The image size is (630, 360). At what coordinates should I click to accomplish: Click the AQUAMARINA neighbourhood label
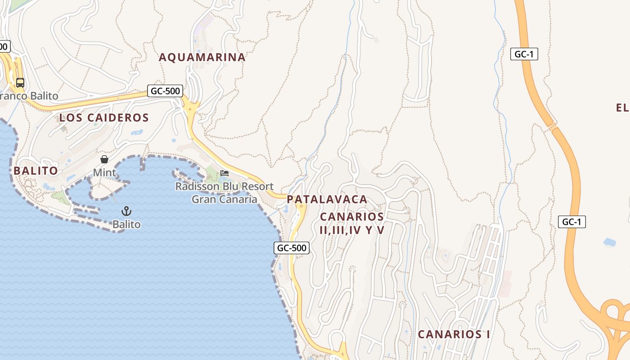click(202, 57)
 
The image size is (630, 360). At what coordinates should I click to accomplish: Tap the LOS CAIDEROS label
click(104, 118)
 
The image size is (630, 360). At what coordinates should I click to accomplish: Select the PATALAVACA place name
click(327, 199)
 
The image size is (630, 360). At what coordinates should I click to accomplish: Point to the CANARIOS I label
click(454, 334)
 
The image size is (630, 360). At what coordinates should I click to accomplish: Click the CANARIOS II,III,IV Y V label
click(352, 223)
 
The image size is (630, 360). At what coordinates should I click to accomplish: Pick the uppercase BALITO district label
click(36, 171)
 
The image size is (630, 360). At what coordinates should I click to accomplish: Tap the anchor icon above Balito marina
click(126, 211)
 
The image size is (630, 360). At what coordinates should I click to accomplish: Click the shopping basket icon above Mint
click(104, 159)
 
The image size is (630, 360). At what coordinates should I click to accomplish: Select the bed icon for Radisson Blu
click(225, 173)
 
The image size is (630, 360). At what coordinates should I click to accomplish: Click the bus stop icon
click(20, 82)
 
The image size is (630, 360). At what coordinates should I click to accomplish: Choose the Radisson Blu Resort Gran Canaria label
click(225, 193)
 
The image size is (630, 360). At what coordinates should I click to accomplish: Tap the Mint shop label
click(104, 172)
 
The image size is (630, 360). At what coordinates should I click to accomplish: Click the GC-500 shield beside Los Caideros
click(165, 91)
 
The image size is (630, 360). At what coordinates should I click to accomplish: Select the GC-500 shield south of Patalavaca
click(292, 247)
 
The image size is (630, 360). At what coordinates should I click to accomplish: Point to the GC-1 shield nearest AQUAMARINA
click(524, 54)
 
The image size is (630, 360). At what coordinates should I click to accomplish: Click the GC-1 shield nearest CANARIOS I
click(571, 221)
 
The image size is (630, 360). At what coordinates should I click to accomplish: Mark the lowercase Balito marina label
click(126, 224)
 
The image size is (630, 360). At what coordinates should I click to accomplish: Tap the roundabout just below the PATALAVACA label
click(301, 207)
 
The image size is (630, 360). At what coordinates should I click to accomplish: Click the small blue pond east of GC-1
click(610, 242)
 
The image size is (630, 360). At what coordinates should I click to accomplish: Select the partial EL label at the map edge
click(622, 108)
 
